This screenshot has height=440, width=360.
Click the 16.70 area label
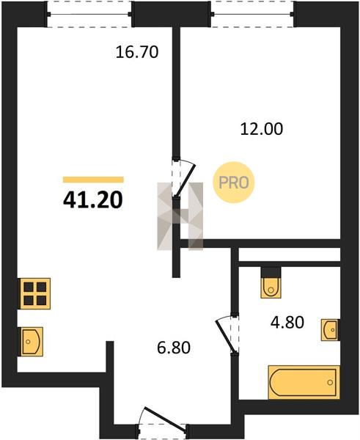pos(137,52)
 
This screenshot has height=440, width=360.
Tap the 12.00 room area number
pos(262,129)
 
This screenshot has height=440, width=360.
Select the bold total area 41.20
pos(93,200)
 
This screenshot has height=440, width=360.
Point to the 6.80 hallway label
pos(174,348)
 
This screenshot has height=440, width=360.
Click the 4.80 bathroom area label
pos(287,322)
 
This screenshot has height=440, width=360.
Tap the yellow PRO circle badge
pos(233,183)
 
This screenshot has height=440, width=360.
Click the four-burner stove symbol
pos(35,293)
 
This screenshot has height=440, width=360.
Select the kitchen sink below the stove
pos(31,342)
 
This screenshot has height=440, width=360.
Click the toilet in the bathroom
pos(271,286)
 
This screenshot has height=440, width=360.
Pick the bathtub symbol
pos(304,382)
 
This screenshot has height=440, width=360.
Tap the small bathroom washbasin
pos(331,330)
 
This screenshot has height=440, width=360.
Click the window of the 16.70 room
pos(89,14)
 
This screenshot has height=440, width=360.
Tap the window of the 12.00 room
pos(252,14)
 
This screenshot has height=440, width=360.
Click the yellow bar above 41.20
pos(93,180)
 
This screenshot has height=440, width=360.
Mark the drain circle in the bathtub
pos(330,382)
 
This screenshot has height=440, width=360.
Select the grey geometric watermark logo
pos(180,216)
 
